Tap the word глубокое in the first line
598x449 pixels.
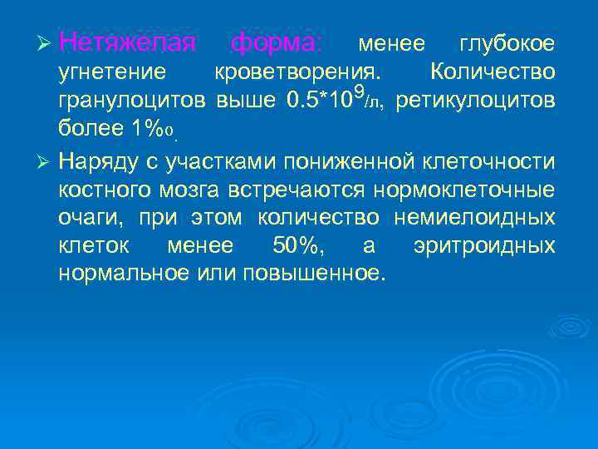coord(507,42)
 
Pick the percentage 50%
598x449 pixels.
coord(297,247)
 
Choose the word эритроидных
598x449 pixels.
coord(483,247)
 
